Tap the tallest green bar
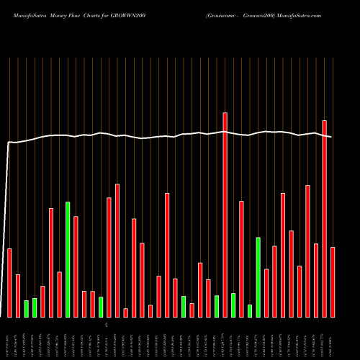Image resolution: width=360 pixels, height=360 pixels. [68, 259]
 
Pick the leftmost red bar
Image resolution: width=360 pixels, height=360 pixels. [10, 282]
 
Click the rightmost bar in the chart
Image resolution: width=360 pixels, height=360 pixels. [333, 282]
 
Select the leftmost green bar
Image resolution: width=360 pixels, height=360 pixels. [27, 308]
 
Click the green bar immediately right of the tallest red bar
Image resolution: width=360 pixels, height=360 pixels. [233, 305]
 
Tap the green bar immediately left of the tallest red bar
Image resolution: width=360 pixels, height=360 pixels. [217, 306]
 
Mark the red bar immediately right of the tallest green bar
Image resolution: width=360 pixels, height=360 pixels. [76, 266]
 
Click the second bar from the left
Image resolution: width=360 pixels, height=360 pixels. [18, 295]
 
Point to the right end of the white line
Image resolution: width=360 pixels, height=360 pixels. [331, 137]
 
